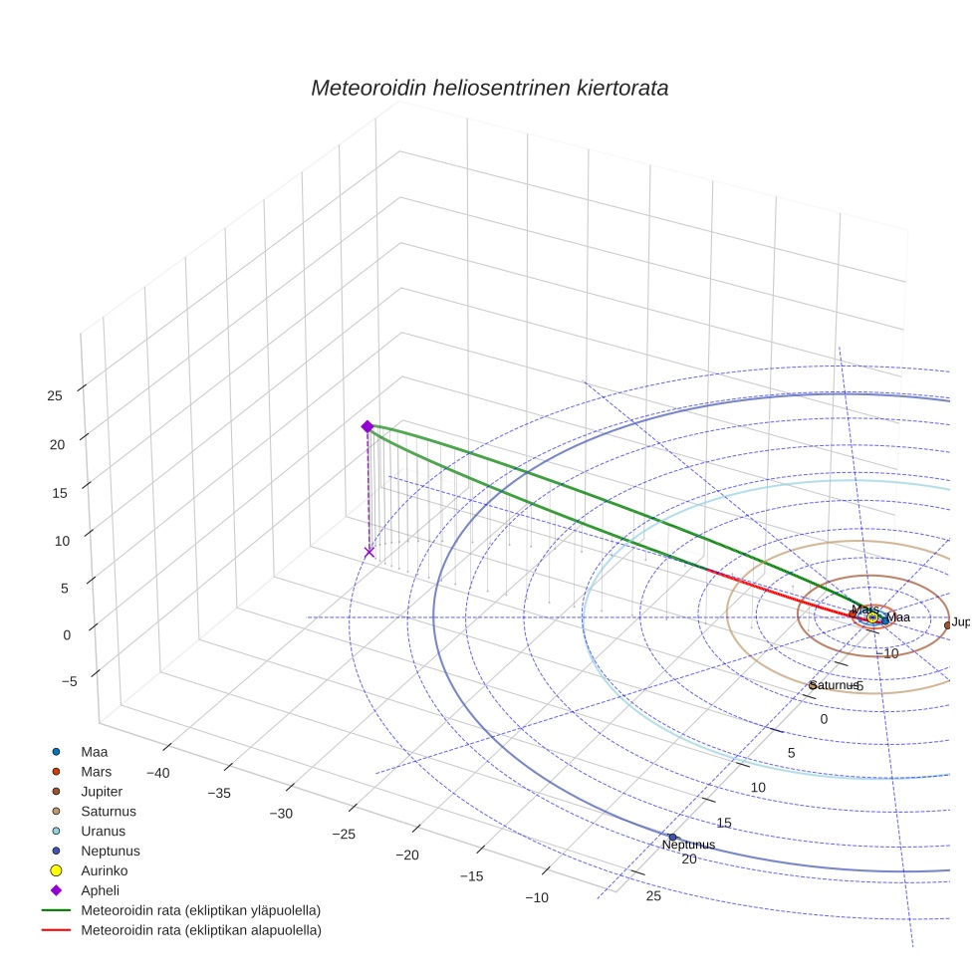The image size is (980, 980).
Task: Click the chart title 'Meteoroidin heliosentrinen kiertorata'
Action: point(489,88)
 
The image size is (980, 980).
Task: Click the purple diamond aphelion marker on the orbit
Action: point(367,426)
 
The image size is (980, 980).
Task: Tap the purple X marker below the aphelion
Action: point(369,552)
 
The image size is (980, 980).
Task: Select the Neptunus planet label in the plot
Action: point(688,846)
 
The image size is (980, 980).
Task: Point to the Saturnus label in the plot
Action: point(835,685)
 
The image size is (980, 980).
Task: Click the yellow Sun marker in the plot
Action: point(872,617)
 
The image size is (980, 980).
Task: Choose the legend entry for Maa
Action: point(94,752)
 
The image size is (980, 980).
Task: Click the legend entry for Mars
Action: point(96,772)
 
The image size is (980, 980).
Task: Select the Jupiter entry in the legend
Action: point(102,791)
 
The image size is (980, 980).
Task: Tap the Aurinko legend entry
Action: point(103,870)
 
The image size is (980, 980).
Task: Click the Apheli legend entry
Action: point(100,890)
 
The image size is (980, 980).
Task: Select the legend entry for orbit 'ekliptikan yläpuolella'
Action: point(199,910)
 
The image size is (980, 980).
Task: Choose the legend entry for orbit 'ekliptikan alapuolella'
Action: point(200,930)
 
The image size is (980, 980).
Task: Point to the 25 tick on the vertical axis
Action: point(55,395)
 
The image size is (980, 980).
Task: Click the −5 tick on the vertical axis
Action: point(69,681)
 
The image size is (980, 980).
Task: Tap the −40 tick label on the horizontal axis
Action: point(159,773)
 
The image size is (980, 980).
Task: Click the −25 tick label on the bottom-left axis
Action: point(344,834)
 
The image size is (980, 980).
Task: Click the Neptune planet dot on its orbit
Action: point(672,837)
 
